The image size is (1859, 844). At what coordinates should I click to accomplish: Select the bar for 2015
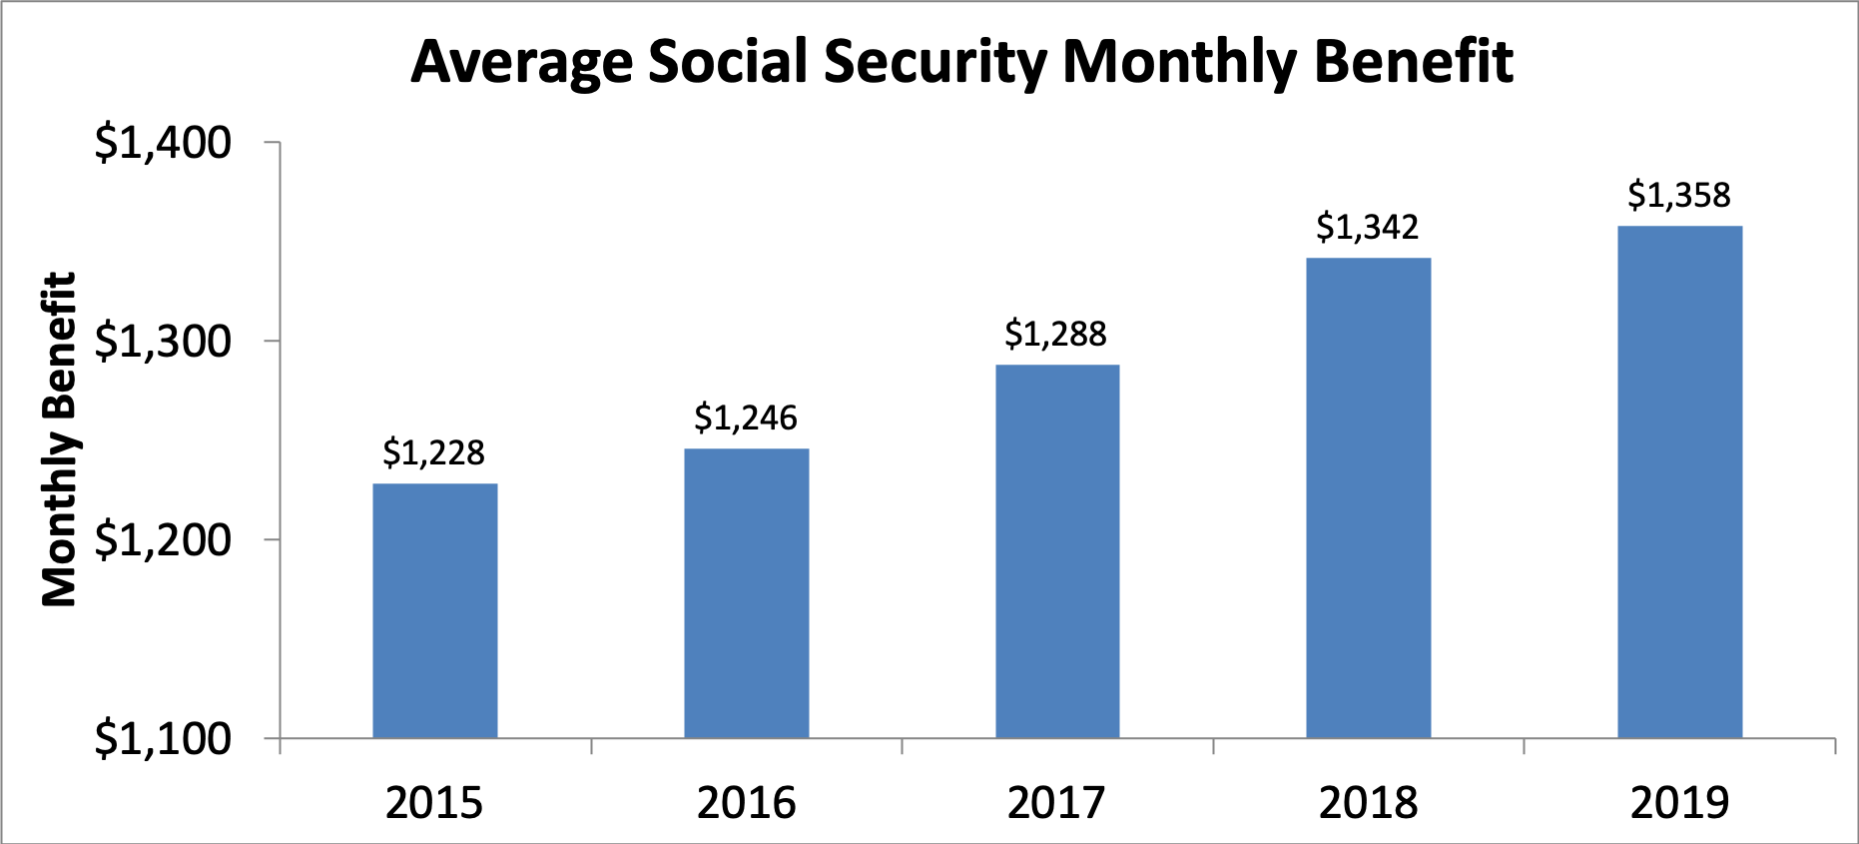[435, 610]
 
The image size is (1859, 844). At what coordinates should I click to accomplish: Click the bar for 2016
[746, 593]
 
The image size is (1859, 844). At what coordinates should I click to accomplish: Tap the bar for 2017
[1057, 551]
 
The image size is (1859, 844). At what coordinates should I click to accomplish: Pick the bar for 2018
[1368, 497]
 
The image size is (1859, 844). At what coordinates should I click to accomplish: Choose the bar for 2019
[1679, 481]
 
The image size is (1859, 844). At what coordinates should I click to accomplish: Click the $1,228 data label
[434, 453]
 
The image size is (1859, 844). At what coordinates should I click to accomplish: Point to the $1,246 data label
[746, 418]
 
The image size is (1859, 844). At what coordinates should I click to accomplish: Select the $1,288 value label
[1056, 334]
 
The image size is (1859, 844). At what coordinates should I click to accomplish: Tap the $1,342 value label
[1367, 228]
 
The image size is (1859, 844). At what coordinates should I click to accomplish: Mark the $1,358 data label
[1679, 195]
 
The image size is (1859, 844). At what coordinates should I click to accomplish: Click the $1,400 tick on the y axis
[163, 143]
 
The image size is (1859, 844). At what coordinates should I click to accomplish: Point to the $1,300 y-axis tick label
[163, 342]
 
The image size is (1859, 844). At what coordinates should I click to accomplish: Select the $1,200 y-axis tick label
[163, 540]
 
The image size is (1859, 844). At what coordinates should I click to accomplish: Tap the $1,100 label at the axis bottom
[163, 739]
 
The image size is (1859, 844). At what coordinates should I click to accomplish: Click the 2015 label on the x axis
[434, 803]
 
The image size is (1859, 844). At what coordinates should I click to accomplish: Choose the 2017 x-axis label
[1056, 803]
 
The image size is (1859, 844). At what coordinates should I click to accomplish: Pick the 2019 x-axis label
[1679, 803]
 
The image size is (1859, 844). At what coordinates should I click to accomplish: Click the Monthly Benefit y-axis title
[59, 439]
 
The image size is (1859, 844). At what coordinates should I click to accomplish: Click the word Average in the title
[521, 63]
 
